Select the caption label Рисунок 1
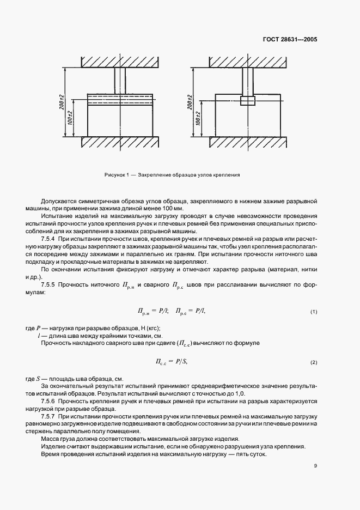pos(115,175)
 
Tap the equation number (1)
pos(314,311)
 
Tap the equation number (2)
pos(314,362)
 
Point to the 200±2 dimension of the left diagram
pos(63,101)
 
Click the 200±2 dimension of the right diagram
pos(189,101)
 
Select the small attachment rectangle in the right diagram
pos(247,101)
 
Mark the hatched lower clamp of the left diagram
pos(120,142)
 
